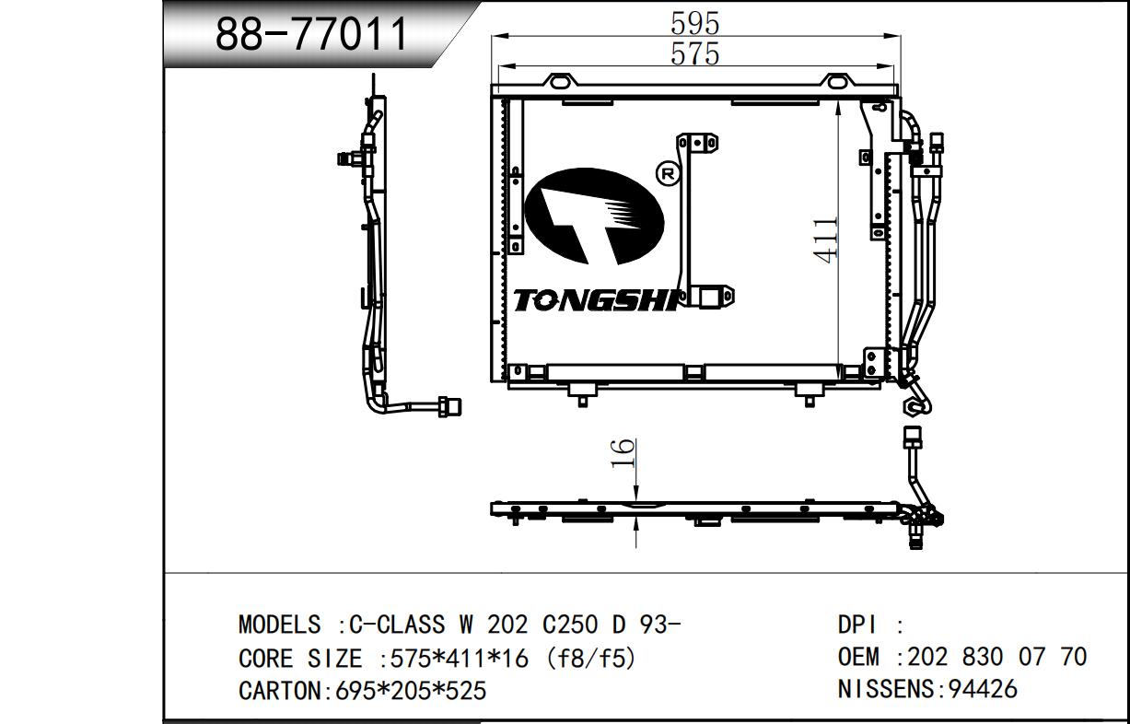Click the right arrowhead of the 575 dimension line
886,66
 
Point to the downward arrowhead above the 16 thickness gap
636,494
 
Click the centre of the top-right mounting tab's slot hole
837,81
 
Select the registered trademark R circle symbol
668,173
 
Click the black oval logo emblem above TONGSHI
594,216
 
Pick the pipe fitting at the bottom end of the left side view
449,406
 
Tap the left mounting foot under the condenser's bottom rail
583,394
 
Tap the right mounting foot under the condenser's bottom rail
810,394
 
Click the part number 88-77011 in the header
311,34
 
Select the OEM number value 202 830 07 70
996,657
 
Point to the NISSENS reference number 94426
983,689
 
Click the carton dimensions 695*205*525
411,691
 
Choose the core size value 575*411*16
459,659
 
